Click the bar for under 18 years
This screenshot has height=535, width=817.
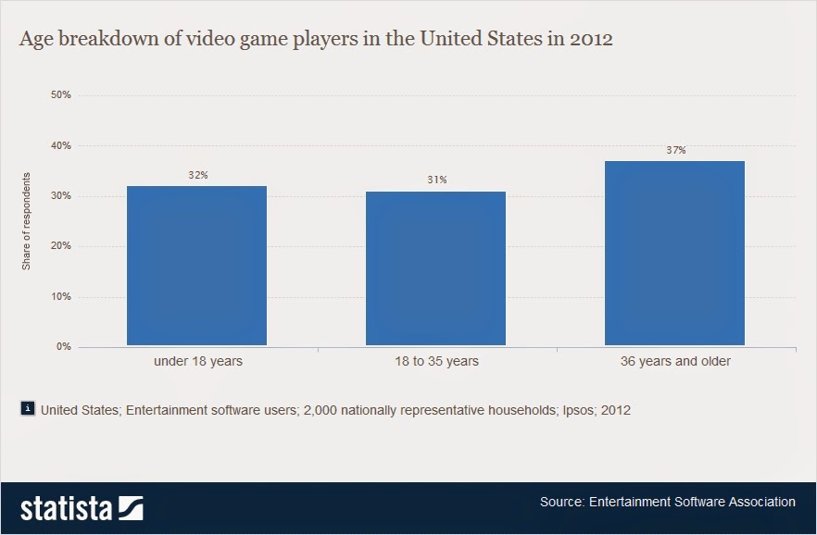coord(196,266)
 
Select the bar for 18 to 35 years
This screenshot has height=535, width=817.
coord(435,268)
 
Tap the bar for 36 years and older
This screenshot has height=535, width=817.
coord(674,254)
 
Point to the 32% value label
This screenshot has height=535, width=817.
coord(197,175)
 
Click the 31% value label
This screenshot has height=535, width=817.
coord(436,180)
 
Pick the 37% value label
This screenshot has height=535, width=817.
coord(675,150)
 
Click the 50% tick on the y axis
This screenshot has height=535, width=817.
coord(61,95)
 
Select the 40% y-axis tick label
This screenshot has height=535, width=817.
coord(61,146)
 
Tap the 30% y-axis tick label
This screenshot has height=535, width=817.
coord(61,196)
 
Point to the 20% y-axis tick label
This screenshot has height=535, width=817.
coord(61,247)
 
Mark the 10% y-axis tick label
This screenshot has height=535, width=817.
coord(61,297)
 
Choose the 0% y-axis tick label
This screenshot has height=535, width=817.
coord(64,347)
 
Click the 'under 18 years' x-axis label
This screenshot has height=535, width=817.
coord(197,361)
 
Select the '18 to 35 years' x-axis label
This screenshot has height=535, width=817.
coord(436,361)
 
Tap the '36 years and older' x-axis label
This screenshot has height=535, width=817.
coord(675,361)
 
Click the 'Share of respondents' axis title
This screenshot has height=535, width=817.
coord(27,221)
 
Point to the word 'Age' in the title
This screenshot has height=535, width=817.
coord(37,42)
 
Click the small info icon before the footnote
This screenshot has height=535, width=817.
coord(27,408)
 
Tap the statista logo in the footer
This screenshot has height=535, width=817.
coord(82,508)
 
